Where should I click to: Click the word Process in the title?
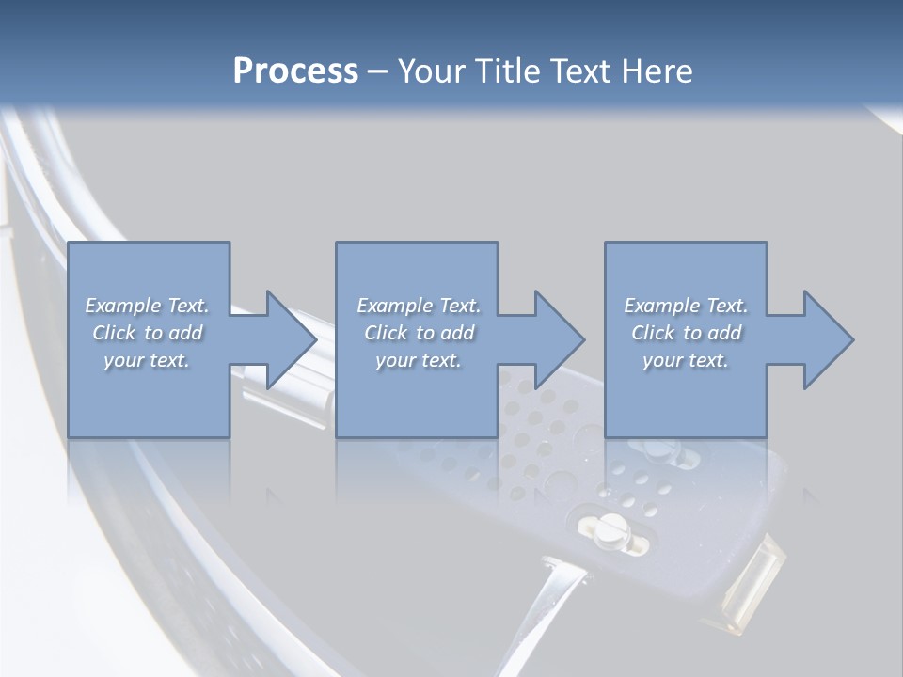(295, 71)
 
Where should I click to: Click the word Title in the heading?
(507, 71)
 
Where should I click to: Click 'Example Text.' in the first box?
(147, 306)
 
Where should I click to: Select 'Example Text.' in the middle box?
(418, 306)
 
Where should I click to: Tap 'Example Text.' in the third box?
(686, 306)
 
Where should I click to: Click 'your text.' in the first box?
(147, 360)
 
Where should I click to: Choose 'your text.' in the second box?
(418, 360)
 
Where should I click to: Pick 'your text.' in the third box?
(686, 360)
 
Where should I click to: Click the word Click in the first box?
(114, 333)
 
